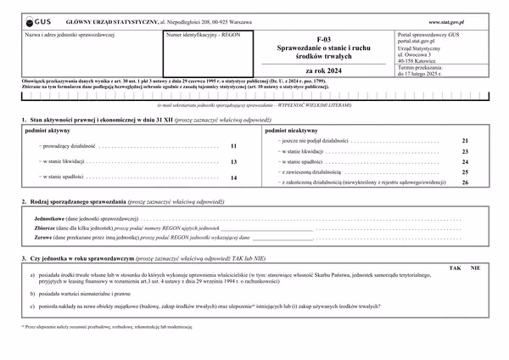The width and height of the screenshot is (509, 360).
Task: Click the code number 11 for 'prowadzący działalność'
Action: (233, 146)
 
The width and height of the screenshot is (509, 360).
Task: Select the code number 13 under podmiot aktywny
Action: (233, 161)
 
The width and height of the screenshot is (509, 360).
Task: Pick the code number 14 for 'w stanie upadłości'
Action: (233, 177)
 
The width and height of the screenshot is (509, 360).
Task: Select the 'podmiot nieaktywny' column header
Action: (291, 132)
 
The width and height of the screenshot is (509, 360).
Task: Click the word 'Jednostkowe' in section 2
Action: (43, 218)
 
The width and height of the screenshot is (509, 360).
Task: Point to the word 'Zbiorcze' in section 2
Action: (39, 228)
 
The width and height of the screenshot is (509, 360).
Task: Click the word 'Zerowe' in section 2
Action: (37, 237)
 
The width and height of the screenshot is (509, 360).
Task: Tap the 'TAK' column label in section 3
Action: (456, 267)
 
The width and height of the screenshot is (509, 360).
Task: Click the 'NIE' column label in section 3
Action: (476, 267)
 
